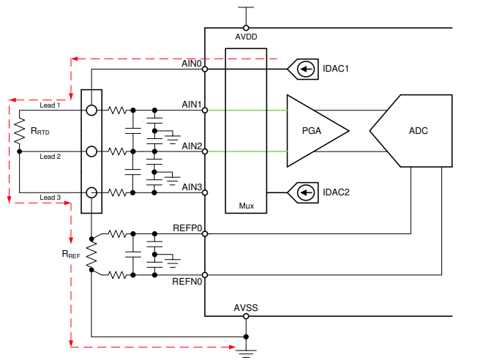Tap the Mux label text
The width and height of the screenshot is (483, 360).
[x=247, y=206]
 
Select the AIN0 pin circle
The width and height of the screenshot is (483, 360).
[x=205, y=70]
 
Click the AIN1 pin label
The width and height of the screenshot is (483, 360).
[x=192, y=105]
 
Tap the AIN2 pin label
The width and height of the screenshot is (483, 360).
[x=192, y=146]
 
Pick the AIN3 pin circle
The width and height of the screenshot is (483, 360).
[x=205, y=192]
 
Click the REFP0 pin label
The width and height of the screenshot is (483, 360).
[x=187, y=228]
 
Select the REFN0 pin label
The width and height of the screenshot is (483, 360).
[x=187, y=281]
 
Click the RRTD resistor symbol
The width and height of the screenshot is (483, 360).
[x=20, y=132]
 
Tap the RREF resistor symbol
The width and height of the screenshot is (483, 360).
[x=91, y=255]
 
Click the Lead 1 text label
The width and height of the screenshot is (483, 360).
[x=50, y=105]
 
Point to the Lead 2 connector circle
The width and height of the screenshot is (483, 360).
[x=91, y=151]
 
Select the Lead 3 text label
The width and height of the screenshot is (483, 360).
[x=50, y=198]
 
